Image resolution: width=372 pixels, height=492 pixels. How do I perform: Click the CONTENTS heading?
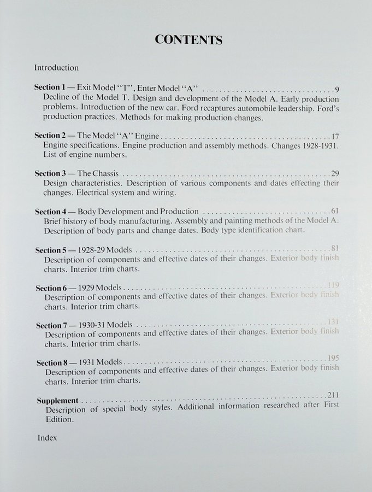[188, 40]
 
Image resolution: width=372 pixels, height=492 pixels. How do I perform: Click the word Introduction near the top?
[56, 68]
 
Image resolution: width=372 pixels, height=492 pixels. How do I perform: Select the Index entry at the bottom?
[47, 437]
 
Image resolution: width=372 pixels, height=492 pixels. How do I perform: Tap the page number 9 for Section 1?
[337, 89]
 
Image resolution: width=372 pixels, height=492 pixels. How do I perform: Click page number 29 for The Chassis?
[335, 173]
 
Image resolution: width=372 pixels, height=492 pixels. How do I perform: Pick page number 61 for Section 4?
[335, 210]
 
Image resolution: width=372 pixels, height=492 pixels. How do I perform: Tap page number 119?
[333, 285]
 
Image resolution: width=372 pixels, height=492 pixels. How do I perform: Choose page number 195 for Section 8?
[334, 358]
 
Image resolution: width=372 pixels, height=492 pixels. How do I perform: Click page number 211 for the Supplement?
[333, 395]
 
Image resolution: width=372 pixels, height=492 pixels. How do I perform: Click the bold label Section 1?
[50, 87]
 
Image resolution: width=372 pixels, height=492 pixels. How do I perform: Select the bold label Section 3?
[50, 173]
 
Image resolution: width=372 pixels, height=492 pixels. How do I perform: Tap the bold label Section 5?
[51, 250]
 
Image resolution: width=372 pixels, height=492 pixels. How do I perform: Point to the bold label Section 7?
[52, 325]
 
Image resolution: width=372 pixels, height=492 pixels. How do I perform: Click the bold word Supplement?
[57, 400]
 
